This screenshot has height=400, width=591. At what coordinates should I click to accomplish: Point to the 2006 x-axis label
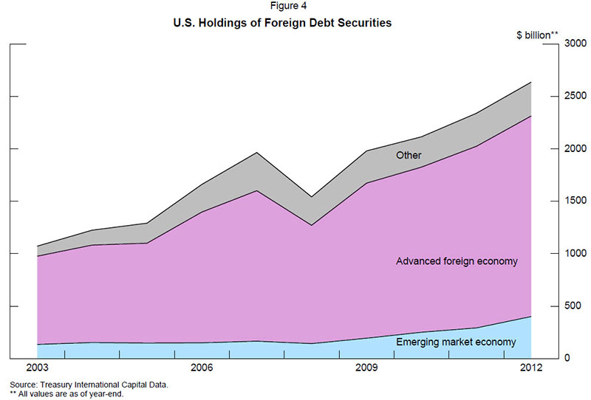202,368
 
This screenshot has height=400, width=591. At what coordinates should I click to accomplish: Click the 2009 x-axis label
366,368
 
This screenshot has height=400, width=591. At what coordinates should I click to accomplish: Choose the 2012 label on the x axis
531,368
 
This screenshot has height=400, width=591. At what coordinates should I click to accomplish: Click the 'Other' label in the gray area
409,156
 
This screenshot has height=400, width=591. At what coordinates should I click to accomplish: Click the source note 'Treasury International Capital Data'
89,385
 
